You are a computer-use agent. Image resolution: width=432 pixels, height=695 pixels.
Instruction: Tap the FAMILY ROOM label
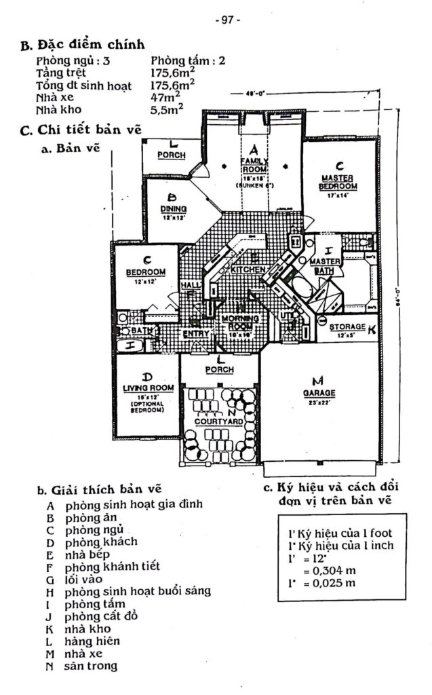click(x=255, y=166)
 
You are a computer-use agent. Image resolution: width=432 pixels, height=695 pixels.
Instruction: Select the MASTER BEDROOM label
click(x=338, y=182)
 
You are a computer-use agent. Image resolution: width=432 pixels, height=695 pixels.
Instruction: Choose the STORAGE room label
click(x=347, y=327)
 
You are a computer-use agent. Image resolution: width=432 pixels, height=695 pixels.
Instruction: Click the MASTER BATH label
click(x=323, y=266)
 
